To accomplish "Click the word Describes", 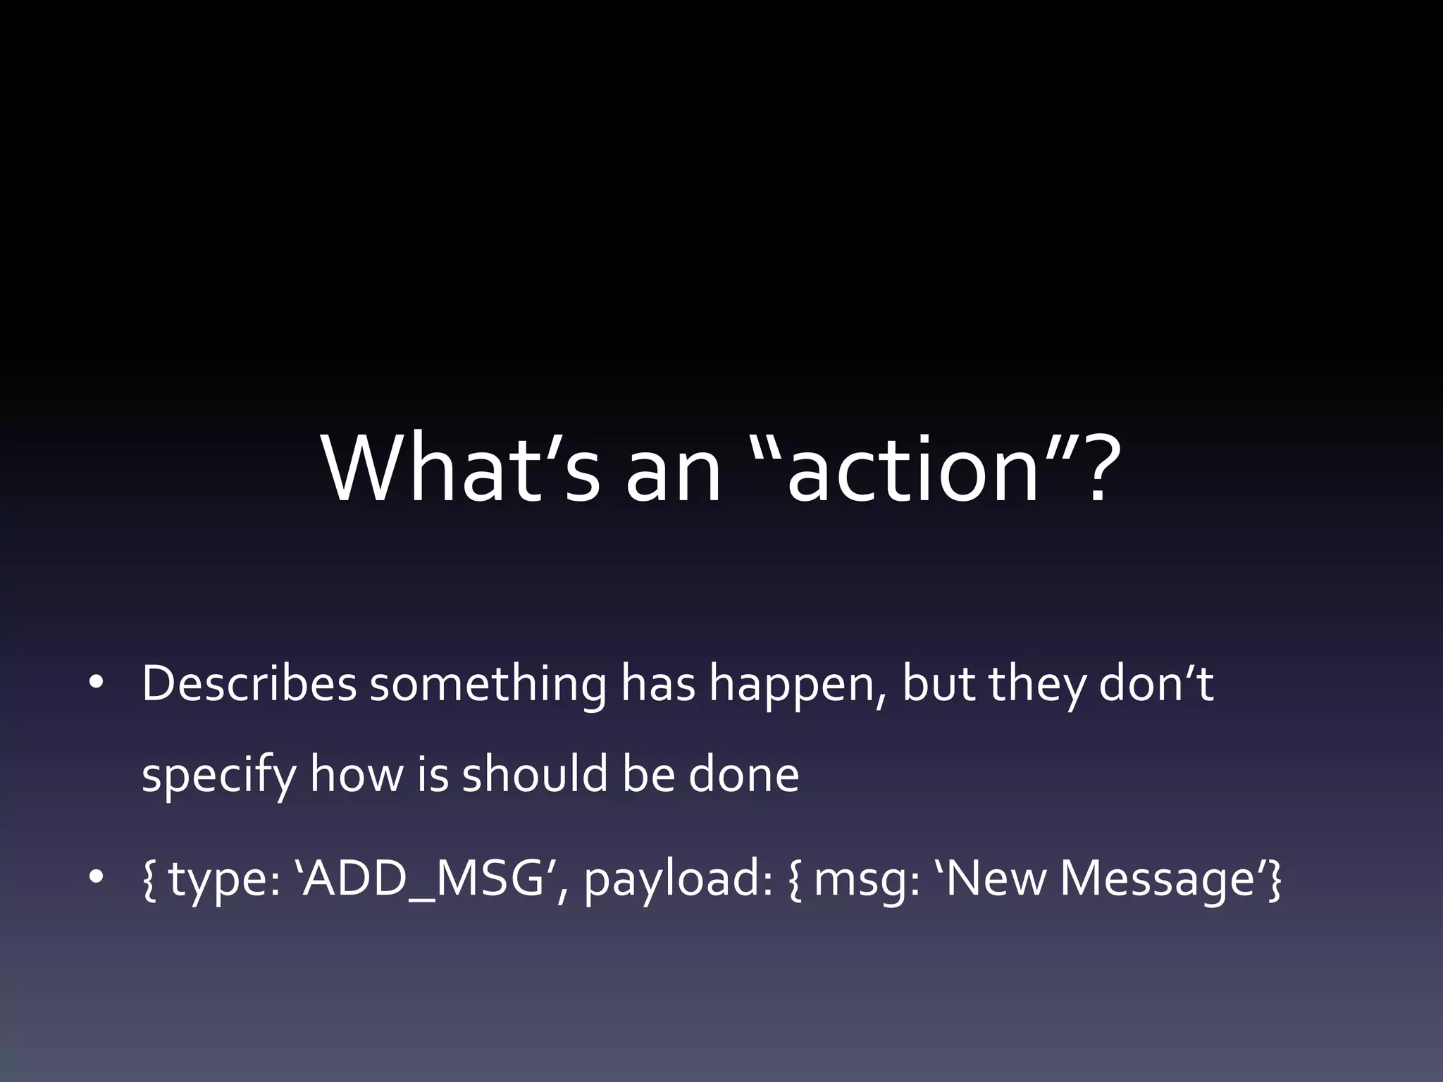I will [x=249, y=684].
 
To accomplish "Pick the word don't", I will [x=1156, y=684].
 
